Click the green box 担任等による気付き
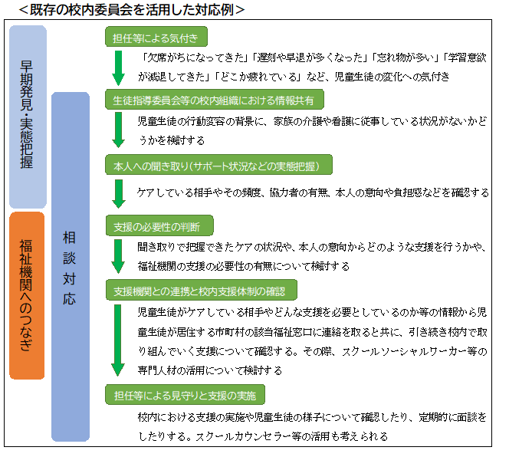tap(156, 37)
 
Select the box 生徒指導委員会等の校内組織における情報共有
tap(214, 100)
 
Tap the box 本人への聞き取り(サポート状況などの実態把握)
tap(218, 165)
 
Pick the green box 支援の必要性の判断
tap(159, 225)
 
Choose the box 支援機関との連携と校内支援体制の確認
tap(202, 290)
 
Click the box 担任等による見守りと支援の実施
tap(185, 395)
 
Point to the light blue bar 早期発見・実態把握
tap(28, 117)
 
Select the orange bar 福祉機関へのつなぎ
tap(27, 295)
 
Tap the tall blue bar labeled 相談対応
tap(71, 267)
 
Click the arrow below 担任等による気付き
tap(119, 68)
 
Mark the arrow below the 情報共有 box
tap(119, 130)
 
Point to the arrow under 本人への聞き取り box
tap(119, 194)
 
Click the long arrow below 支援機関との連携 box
tap(118, 340)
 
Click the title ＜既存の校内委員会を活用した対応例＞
tap(131, 10)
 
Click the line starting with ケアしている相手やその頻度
tap(313, 192)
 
